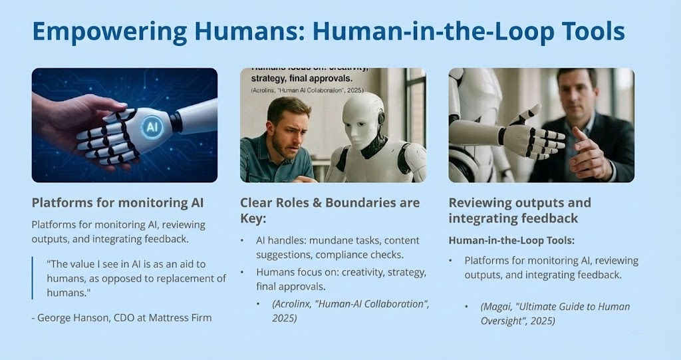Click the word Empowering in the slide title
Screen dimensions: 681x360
pos(110,31)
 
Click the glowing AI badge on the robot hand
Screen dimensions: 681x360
pos(152,126)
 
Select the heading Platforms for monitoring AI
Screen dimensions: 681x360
pos(118,203)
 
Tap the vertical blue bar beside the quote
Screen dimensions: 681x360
pos(32,278)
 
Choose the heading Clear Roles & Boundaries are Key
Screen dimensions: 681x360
pos(330,210)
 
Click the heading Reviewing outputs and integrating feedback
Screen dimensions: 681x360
pos(520,210)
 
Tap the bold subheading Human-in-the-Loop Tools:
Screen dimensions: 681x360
pos(511,240)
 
